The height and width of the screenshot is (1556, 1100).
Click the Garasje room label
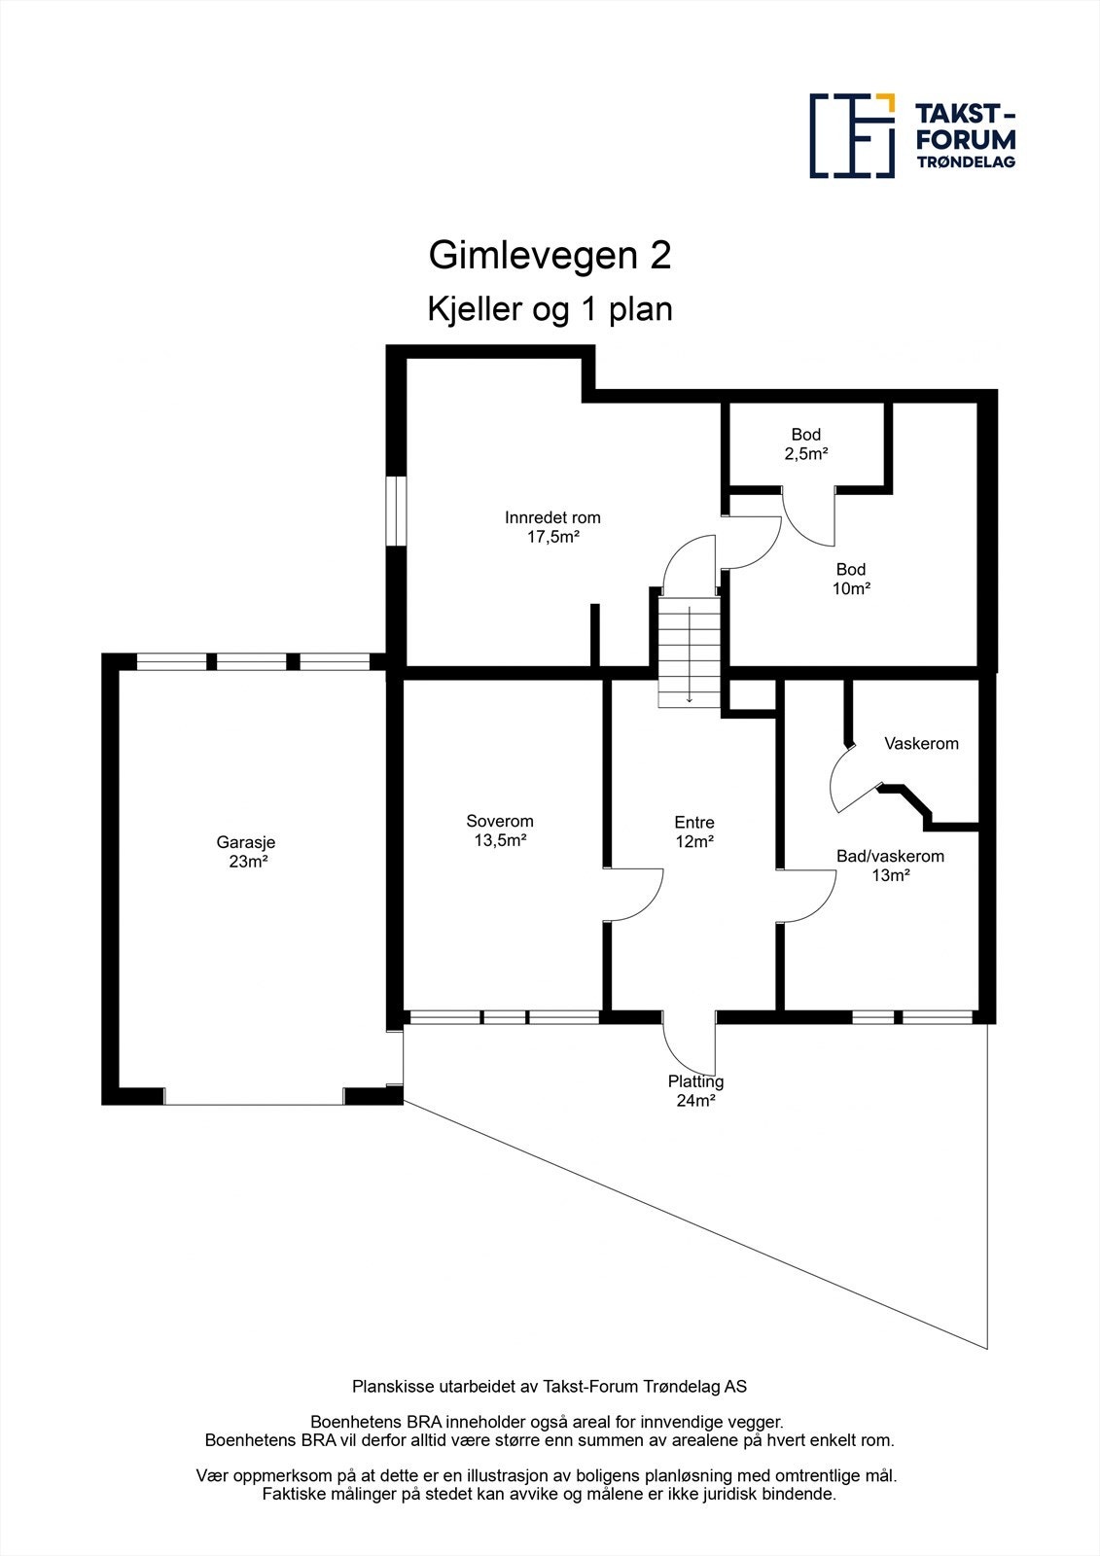(x=239, y=852)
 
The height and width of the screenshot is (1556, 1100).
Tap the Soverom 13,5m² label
(x=500, y=831)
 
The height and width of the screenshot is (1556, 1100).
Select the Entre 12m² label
(x=694, y=832)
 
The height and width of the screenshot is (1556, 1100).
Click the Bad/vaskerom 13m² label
(x=890, y=866)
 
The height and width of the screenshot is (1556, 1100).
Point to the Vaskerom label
(x=921, y=744)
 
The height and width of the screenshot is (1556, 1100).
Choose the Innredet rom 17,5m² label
(x=552, y=526)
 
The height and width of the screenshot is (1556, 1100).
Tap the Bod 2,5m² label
(x=805, y=443)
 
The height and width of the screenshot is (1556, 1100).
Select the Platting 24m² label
(x=695, y=1090)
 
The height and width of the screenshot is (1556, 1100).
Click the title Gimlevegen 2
(x=550, y=256)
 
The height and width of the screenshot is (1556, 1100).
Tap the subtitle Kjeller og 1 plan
(x=550, y=309)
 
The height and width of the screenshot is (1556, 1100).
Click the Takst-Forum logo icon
(x=852, y=136)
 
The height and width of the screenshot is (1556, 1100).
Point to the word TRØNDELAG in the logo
(x=966, y=162)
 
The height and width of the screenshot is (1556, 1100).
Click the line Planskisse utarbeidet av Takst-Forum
(x=550, y=1386)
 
